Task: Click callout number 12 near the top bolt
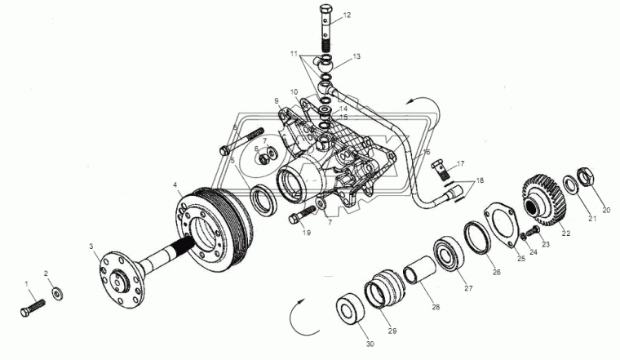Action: tap(347, 15)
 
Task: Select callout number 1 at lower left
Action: tap(27, 283)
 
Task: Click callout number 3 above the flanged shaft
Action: tap(92, 246)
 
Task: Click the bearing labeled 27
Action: tap(448, 253)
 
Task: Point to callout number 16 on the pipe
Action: tap(427, 153)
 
